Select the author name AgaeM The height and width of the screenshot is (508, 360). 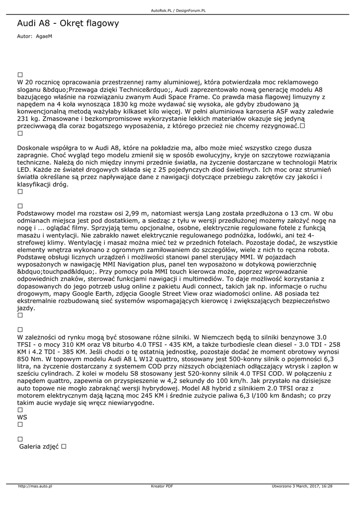pos(44,36)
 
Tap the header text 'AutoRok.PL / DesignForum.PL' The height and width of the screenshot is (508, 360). pos(178,10)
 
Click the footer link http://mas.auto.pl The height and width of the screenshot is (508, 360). pos(35,486)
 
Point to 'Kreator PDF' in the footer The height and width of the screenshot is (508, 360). pos(162,486)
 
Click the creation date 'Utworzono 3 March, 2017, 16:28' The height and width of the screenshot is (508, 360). pos(302,486)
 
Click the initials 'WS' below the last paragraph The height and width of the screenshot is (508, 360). pos(22,417)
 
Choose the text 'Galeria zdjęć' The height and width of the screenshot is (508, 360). pos(39,446)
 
